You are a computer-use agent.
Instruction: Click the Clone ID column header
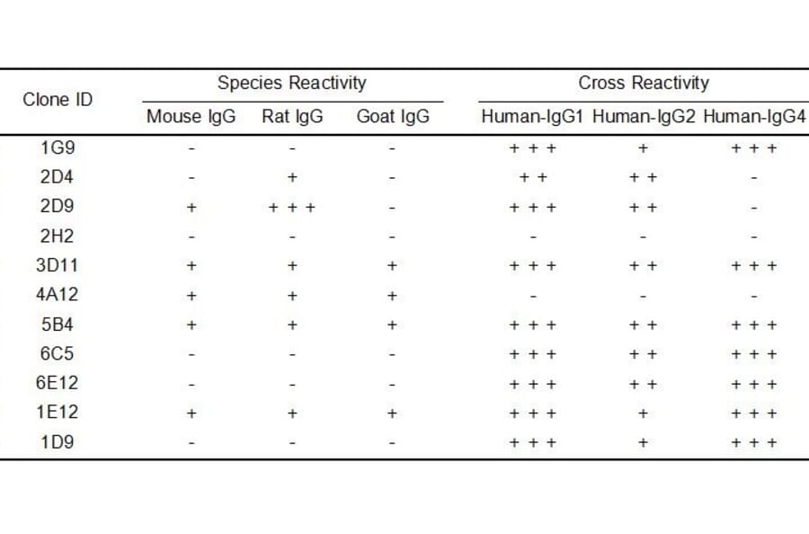[58, 99]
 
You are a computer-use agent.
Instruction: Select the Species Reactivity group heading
[292, 84]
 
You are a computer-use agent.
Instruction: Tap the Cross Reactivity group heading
[644, 84]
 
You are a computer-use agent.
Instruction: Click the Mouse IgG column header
[191, 117]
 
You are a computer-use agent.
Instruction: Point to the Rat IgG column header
[292, 117]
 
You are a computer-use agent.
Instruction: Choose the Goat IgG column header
[393, 117]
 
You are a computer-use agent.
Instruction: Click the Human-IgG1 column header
[533, 117]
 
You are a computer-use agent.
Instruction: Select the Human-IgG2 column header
[644, 117]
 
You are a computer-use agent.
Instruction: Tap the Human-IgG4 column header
[754, 117]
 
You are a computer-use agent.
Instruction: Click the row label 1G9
[58, 147]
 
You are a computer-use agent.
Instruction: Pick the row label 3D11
[58, 265]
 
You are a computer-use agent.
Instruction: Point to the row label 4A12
[58, 295]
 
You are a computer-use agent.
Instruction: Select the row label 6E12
[58, 383]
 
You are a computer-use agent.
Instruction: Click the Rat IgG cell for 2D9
[292, 208]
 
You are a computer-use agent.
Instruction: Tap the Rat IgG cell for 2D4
[292, 178]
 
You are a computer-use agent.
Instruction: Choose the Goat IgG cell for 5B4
[393, 325]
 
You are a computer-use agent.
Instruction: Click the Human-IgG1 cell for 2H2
[533, 237]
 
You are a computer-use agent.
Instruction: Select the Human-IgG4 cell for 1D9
[754, 442]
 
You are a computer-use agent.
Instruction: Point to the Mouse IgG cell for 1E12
[191, 414]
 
